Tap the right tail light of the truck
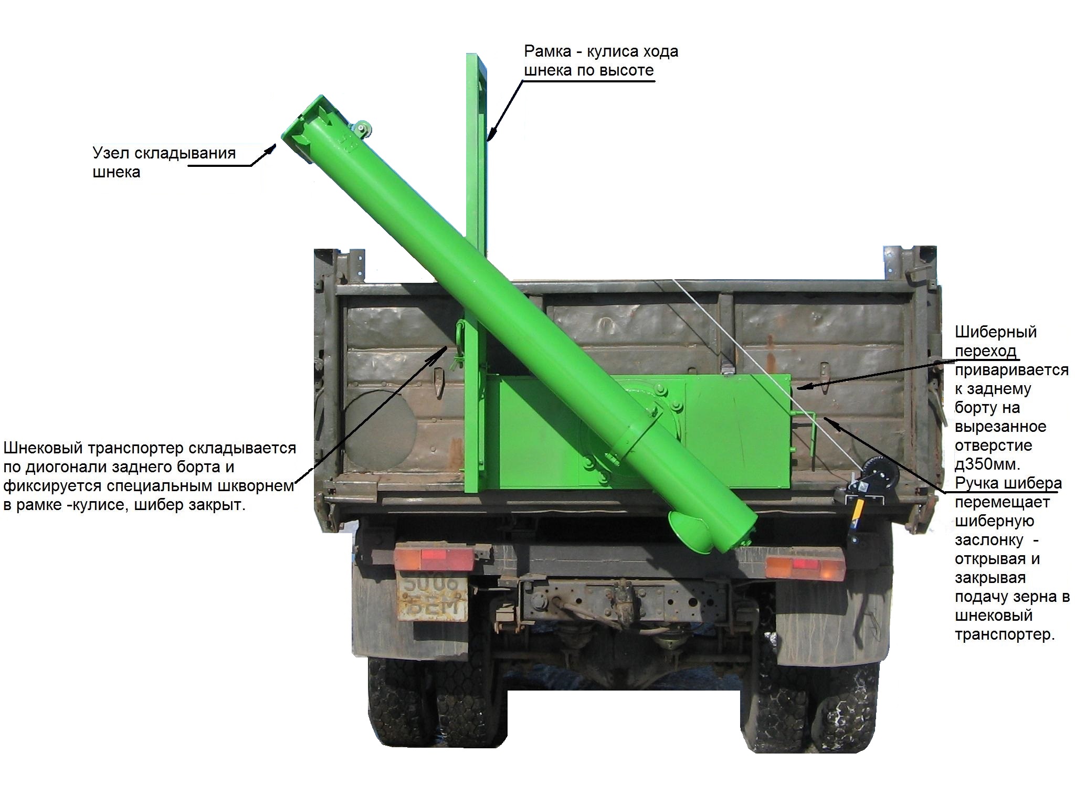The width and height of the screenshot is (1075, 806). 805,568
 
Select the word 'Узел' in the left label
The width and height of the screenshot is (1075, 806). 111,153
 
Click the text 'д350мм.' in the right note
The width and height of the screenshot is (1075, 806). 987,465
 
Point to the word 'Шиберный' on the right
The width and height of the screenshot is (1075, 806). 995,332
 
